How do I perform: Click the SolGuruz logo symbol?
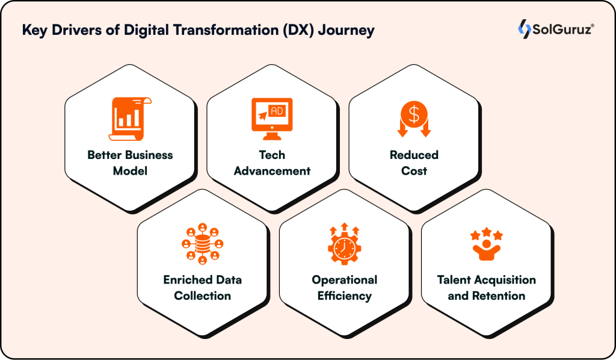click(x=524, y=29)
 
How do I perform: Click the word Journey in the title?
click(x=347, y=30)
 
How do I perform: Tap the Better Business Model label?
click(x=130, y=163)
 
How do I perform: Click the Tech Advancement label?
click(x=272, y=163)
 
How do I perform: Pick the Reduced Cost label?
click(x=414, y=163)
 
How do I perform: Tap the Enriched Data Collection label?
click(x=202, y=288)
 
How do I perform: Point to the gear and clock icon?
click(x=344, y=244)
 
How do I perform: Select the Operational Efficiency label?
click(x=344, y=288)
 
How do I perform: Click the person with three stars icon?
click(x=486, y=244)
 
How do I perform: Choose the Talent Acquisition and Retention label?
click(x=486, y=288)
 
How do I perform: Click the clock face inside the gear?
click(x=344, y=248)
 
